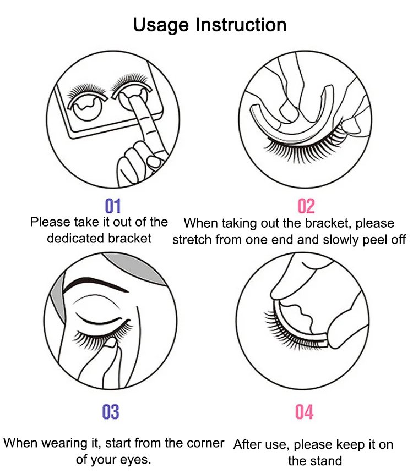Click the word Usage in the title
(161, 25)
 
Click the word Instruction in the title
(241, 25)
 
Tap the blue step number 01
(113, 206)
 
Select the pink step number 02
(306, 206)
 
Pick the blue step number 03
(111, 412)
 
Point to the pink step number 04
(305, 412)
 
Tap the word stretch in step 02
(192, 240)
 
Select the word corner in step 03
(205, 443)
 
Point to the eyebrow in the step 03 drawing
(96, 285)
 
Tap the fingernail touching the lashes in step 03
(111, 343)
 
